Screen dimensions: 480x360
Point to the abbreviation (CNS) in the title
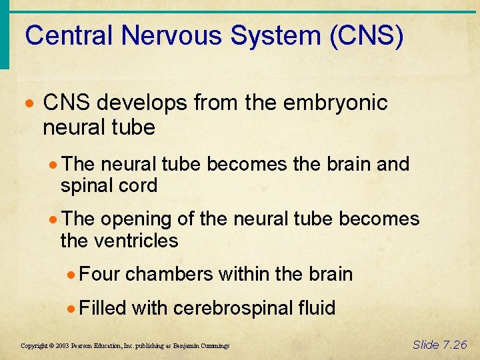tap(366, 35)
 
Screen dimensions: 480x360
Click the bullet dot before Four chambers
tap(75, 274)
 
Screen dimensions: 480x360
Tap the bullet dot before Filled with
tap(75, 308)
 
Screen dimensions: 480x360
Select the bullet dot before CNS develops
tap(31, 103)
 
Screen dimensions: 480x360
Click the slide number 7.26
tap(454, 344)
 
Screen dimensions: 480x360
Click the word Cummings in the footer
tap(213, 346)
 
